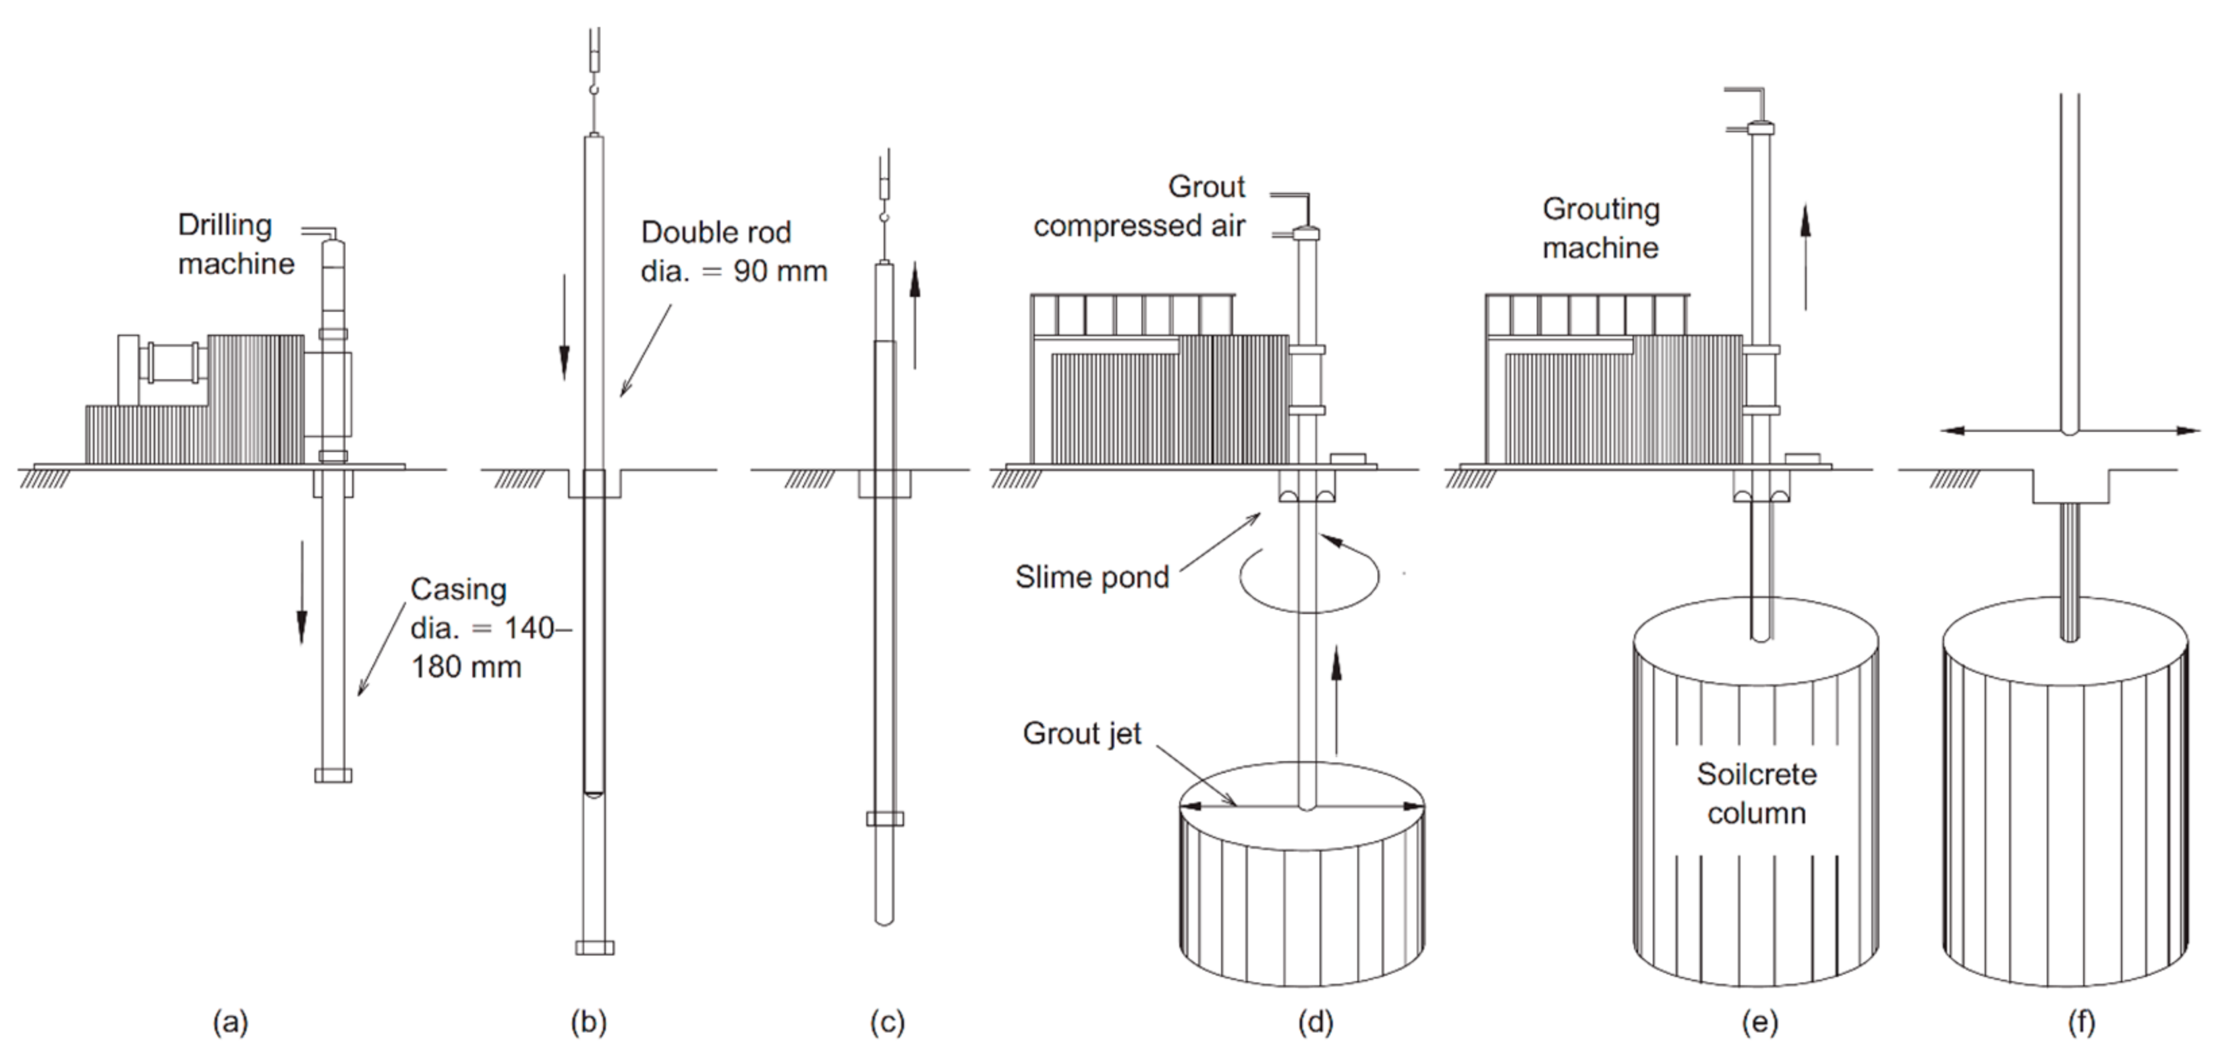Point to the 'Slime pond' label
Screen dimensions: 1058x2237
coord(1092,577)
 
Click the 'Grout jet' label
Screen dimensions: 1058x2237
coord(1082,733)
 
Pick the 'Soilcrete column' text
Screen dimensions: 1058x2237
coord(1757,793)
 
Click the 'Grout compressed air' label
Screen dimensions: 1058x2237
coord(1139,206)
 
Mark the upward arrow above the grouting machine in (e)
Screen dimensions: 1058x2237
coord(1805,256)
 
